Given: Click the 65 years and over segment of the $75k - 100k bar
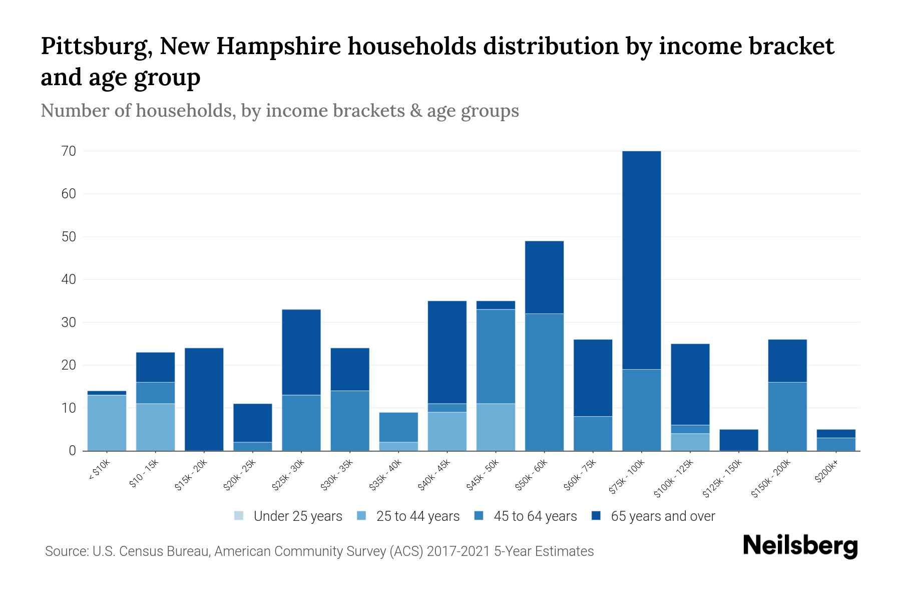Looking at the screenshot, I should (641, 260).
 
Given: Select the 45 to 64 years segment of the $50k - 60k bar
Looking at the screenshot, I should (544, 382).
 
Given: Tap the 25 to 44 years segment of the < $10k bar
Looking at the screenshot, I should (107, 423).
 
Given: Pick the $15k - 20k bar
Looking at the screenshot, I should (204, 399).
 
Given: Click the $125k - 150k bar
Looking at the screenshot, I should (738, 440).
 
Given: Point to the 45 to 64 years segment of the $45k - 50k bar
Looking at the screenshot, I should (496, 357).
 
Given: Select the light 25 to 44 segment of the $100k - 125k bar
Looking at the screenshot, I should (690, 442).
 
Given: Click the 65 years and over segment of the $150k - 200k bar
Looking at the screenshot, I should (787, 361).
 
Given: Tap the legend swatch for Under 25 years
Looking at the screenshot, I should (239, 516).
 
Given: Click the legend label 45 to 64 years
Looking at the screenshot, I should (535, 516).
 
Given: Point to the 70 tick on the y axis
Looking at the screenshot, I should (69, 151).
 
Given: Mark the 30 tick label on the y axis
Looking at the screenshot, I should (69, 323).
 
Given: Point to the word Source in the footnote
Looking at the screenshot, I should (65, 551).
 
